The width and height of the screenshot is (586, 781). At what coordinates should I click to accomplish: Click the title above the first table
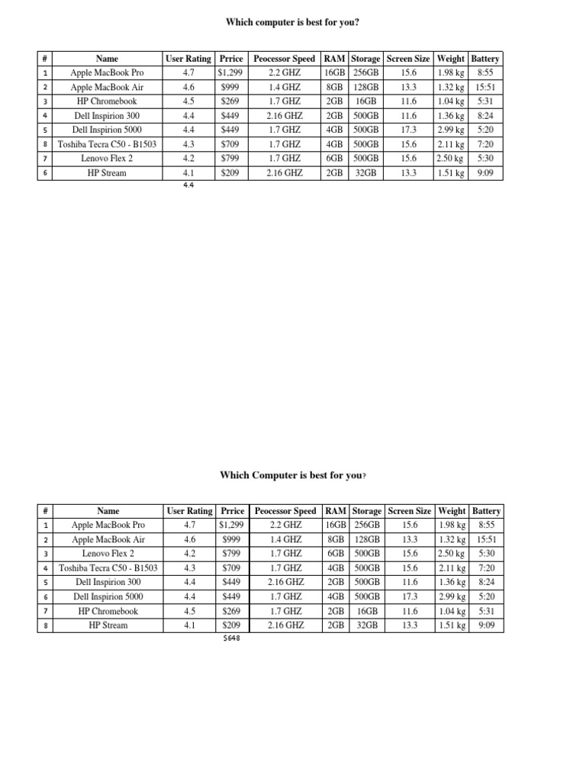292,22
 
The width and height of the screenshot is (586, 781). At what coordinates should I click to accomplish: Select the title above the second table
293,475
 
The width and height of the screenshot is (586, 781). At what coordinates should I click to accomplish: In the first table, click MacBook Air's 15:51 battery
485,87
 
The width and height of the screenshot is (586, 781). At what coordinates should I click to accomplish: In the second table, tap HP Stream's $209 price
232,625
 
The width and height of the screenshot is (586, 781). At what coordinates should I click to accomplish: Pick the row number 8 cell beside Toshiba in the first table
46,144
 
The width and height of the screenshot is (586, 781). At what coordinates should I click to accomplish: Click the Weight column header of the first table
451,58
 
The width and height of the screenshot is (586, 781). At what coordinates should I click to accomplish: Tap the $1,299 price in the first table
230,72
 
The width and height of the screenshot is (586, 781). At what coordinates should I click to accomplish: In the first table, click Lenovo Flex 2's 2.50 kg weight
450,159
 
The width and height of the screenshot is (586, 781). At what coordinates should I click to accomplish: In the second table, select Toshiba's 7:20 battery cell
486,568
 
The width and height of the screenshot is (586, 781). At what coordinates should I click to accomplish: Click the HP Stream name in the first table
108,173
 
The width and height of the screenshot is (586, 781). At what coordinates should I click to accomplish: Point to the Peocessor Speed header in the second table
285,511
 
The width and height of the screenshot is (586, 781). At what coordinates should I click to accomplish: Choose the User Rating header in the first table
188,58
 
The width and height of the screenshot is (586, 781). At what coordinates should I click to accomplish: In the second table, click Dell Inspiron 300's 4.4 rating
189,583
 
